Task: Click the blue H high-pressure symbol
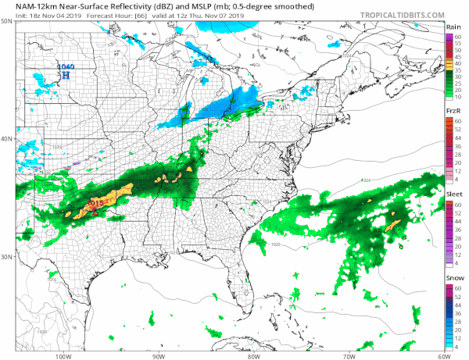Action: [x=66, y=76]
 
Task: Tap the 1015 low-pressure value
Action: [x=96, y=203]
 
